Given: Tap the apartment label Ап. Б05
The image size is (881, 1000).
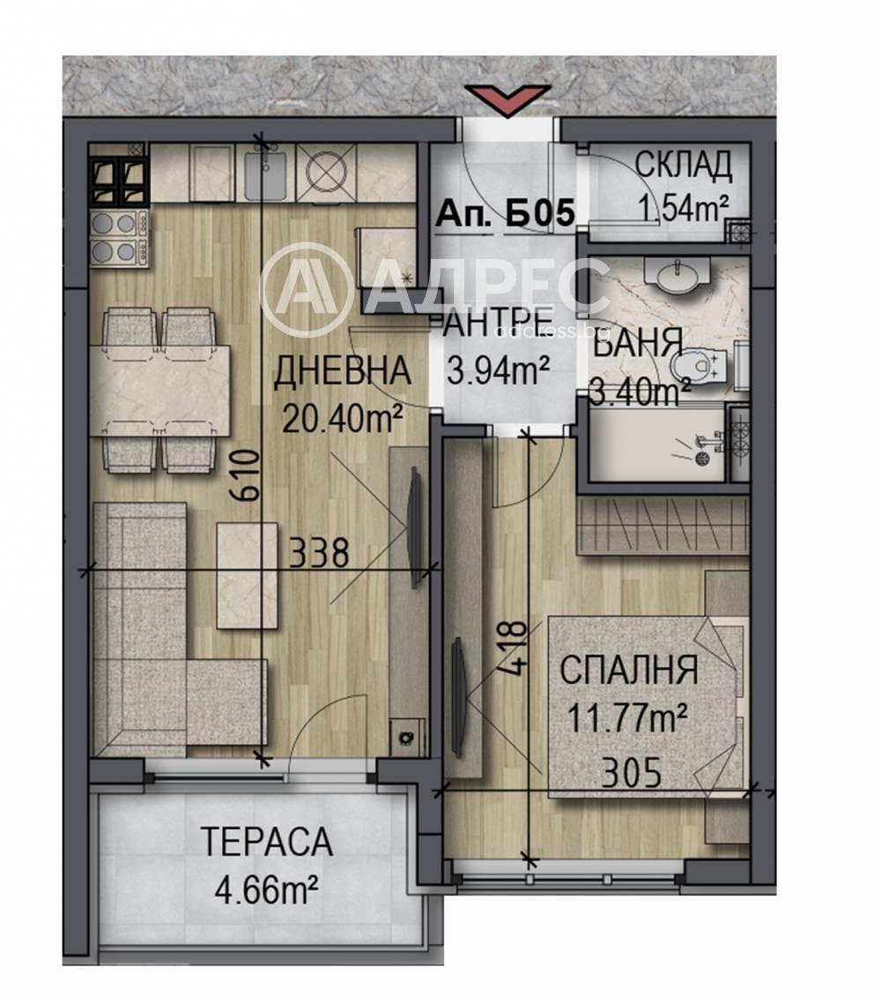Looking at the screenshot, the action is [x=505, y=213].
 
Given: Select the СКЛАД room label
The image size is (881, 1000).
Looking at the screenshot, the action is [x=684, y=165].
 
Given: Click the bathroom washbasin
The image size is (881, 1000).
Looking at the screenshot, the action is [x=677, y=276].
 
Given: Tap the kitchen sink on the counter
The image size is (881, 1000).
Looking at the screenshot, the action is [x=264, y=171].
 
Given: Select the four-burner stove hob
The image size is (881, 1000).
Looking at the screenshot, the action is [x=119, y=239].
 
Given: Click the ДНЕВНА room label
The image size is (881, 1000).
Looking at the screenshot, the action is [x=342, y=371].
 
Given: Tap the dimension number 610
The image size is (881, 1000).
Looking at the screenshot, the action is [x=246, y=475].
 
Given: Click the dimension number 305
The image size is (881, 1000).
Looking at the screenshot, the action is [x=632, y=775].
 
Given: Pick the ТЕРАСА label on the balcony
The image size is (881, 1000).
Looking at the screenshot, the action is [x=267, y=842].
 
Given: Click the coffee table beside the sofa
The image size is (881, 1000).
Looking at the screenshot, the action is [x=248, y=576].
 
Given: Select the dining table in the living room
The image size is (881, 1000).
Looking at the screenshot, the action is [x=160, y=390].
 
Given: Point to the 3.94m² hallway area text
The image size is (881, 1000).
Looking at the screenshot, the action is [x=499, y=371].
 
